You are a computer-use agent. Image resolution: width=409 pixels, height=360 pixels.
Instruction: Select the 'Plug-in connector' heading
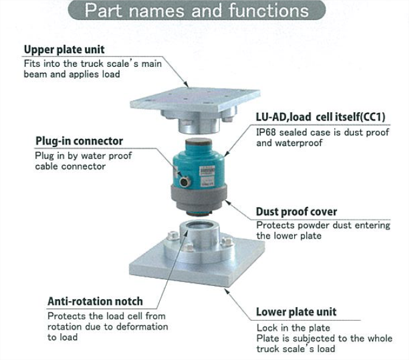point(79,141)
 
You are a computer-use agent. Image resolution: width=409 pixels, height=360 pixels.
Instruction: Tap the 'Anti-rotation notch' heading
point(95,302)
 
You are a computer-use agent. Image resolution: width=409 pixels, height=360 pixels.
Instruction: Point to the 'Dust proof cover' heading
point(297,212)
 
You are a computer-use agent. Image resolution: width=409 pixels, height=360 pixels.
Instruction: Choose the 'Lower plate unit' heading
point(296,312)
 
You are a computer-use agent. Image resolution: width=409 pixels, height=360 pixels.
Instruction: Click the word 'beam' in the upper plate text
point(35,74)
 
